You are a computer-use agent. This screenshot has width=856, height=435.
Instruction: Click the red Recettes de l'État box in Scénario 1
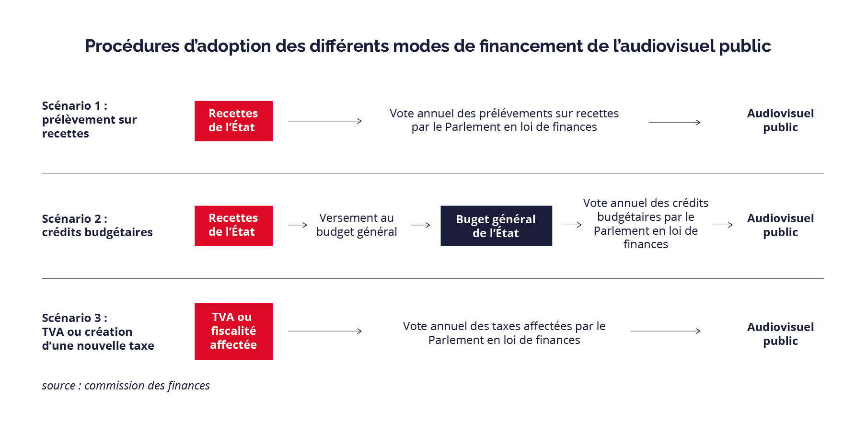[233, 121]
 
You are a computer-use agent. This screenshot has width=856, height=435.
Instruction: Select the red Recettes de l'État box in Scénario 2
[233, 226]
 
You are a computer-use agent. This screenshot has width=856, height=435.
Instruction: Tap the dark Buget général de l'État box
[496, 226]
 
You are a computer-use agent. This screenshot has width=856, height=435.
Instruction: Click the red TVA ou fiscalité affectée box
[233, 331]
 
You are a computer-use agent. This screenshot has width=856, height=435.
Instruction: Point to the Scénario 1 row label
[89, 119]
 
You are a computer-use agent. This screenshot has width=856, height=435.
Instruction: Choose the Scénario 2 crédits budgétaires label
[97, 225]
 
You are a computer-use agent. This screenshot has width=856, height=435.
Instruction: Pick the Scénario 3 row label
[98, 332]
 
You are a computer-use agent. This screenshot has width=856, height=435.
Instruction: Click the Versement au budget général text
[357, 225]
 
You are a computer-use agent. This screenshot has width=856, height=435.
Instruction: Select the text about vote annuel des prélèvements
[504, 120]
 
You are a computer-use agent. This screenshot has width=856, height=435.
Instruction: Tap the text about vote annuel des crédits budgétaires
[646, 223]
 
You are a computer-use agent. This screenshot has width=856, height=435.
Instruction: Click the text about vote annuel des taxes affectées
[504, 333]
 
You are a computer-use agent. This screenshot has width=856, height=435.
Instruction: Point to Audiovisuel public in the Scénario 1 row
[780, 120]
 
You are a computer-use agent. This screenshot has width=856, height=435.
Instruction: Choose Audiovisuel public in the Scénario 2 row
[780, 225]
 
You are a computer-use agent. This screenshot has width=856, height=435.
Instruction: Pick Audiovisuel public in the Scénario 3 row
[780, 334]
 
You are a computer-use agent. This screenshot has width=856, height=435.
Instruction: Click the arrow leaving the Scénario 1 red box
[324, 121]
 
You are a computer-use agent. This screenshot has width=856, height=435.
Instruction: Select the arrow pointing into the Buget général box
[420, 225]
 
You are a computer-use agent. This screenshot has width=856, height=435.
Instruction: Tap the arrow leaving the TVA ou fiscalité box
[324, 331]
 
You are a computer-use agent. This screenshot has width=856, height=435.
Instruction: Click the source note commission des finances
[126, 386]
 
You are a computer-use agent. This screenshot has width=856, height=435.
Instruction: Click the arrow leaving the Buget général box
[572, 225]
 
